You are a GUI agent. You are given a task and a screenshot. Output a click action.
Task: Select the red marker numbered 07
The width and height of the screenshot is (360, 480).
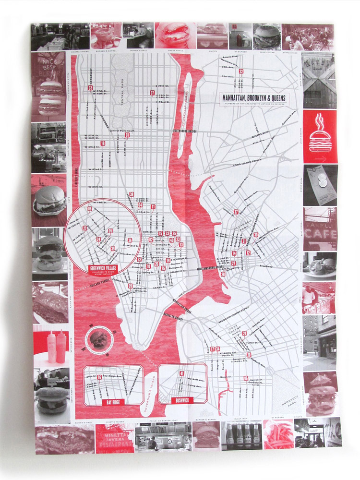coord(152,93)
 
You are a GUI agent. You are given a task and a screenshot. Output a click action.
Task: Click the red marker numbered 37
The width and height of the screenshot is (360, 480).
coord(236,212)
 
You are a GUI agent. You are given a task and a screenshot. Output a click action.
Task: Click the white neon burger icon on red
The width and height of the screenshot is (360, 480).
coord(320,137)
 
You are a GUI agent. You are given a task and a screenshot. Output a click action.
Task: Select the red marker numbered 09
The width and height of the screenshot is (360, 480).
coord(130,286)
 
